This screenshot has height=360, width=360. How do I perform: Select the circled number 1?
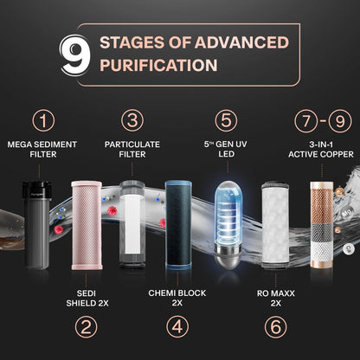[42, 119]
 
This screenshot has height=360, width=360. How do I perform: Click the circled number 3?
[132, 119]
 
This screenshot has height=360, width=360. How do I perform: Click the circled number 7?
[304, 119]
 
